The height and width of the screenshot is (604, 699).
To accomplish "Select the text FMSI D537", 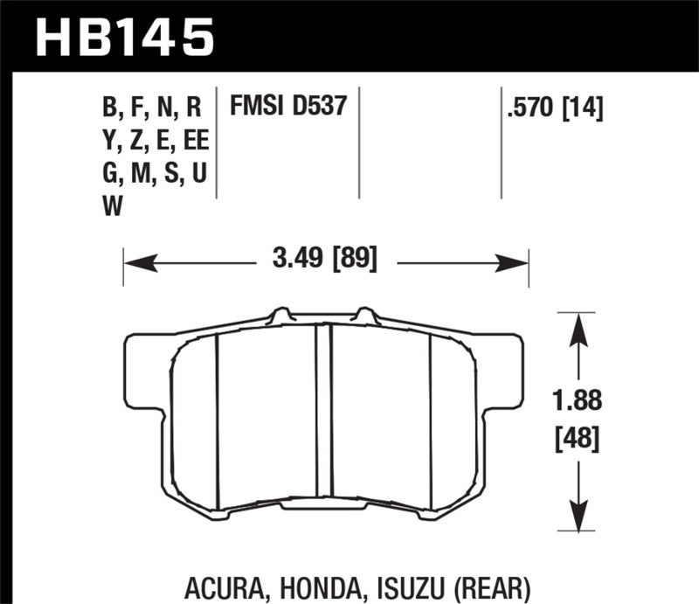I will coord(289,108).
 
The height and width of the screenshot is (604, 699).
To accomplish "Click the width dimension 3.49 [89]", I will coord(324,260).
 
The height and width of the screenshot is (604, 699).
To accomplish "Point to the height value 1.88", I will coord(575,403).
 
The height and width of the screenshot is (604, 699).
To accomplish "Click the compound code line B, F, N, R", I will coord(152,108).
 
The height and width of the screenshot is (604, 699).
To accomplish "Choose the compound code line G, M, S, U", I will coord(155,174).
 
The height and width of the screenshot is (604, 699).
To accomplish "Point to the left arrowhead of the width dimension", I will coord(133,260).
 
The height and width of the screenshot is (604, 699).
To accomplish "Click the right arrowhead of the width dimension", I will coord(519,260).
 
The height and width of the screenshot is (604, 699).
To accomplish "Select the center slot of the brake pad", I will coord(324,410).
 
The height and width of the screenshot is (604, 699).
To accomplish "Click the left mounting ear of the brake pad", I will coord(144,367).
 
